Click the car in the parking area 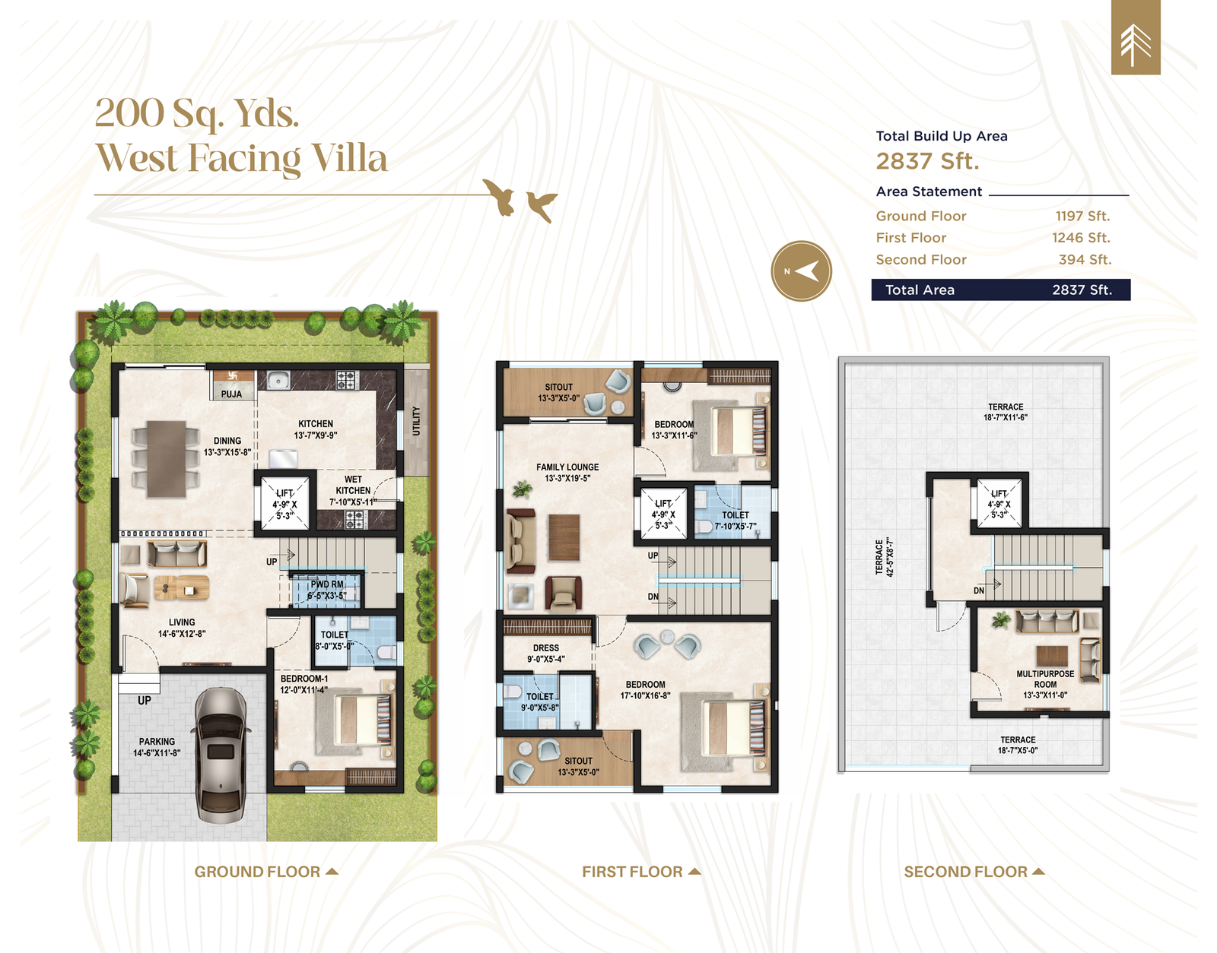coord(221,755)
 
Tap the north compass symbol coord(802,271)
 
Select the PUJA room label coord(231,394)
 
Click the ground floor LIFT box coord(284,503)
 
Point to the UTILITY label coord(416,421)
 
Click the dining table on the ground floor coord(167,458)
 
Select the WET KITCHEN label coord(353,485)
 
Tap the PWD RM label coord(327,584)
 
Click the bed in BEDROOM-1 coord(363,719)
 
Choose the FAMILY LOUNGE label coord(567,467)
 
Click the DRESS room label coord(546,648)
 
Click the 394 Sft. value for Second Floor coord(1085,260)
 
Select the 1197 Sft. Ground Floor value coord(1082,216)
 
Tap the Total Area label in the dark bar coord(920,290)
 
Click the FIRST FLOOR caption coord(632,872)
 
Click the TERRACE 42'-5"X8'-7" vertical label coord(885,557)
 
